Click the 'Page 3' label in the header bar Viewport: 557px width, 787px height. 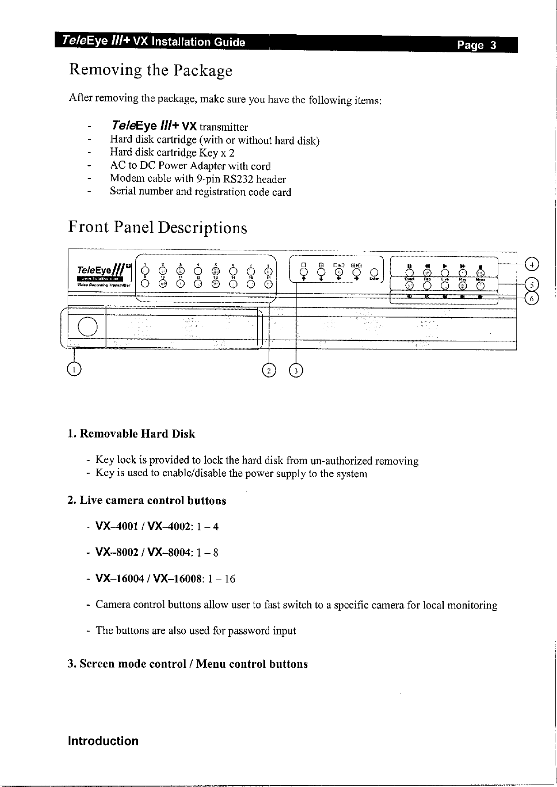tap(476, 46)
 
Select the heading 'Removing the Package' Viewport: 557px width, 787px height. tap(150, 70)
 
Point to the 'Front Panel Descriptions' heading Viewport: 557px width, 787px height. tap(158, 227)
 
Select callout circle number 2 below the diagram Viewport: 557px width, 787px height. tap(268, 370)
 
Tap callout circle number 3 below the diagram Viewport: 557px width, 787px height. tap(296, 370)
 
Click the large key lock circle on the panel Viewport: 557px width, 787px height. tap(87, 326)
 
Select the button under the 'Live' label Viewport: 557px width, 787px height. tap(445, 285)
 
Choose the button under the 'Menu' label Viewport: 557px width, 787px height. tap(480, 285)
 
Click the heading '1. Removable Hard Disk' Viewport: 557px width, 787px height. tap(131, 434)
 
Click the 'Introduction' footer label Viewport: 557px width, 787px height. tap(103, 741)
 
